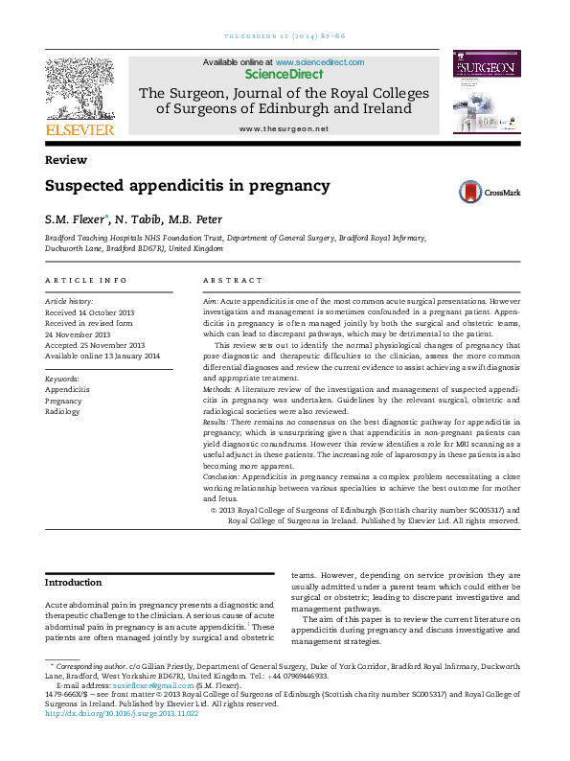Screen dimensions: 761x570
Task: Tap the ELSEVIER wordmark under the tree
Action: coord(80,129)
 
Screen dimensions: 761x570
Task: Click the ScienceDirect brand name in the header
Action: coord(284,73)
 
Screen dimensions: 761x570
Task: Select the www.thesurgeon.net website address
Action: coord(284,128)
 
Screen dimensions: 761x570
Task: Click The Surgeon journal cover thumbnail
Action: coord(486,94)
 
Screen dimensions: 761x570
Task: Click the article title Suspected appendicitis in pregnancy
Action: coord(188,186)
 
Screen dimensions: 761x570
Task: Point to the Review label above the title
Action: coord(66,160)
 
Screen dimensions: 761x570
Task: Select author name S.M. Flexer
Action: coord(75,219)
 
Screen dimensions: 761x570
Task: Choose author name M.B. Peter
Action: coord(194,219)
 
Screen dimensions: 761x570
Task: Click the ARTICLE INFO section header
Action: coord(86,280)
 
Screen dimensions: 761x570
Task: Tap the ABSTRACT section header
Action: coord(232,280)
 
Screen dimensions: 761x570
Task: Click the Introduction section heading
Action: coord(74,582)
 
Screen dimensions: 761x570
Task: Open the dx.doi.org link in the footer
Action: coord(122,712)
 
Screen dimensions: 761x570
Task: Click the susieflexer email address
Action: coord(130,685)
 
